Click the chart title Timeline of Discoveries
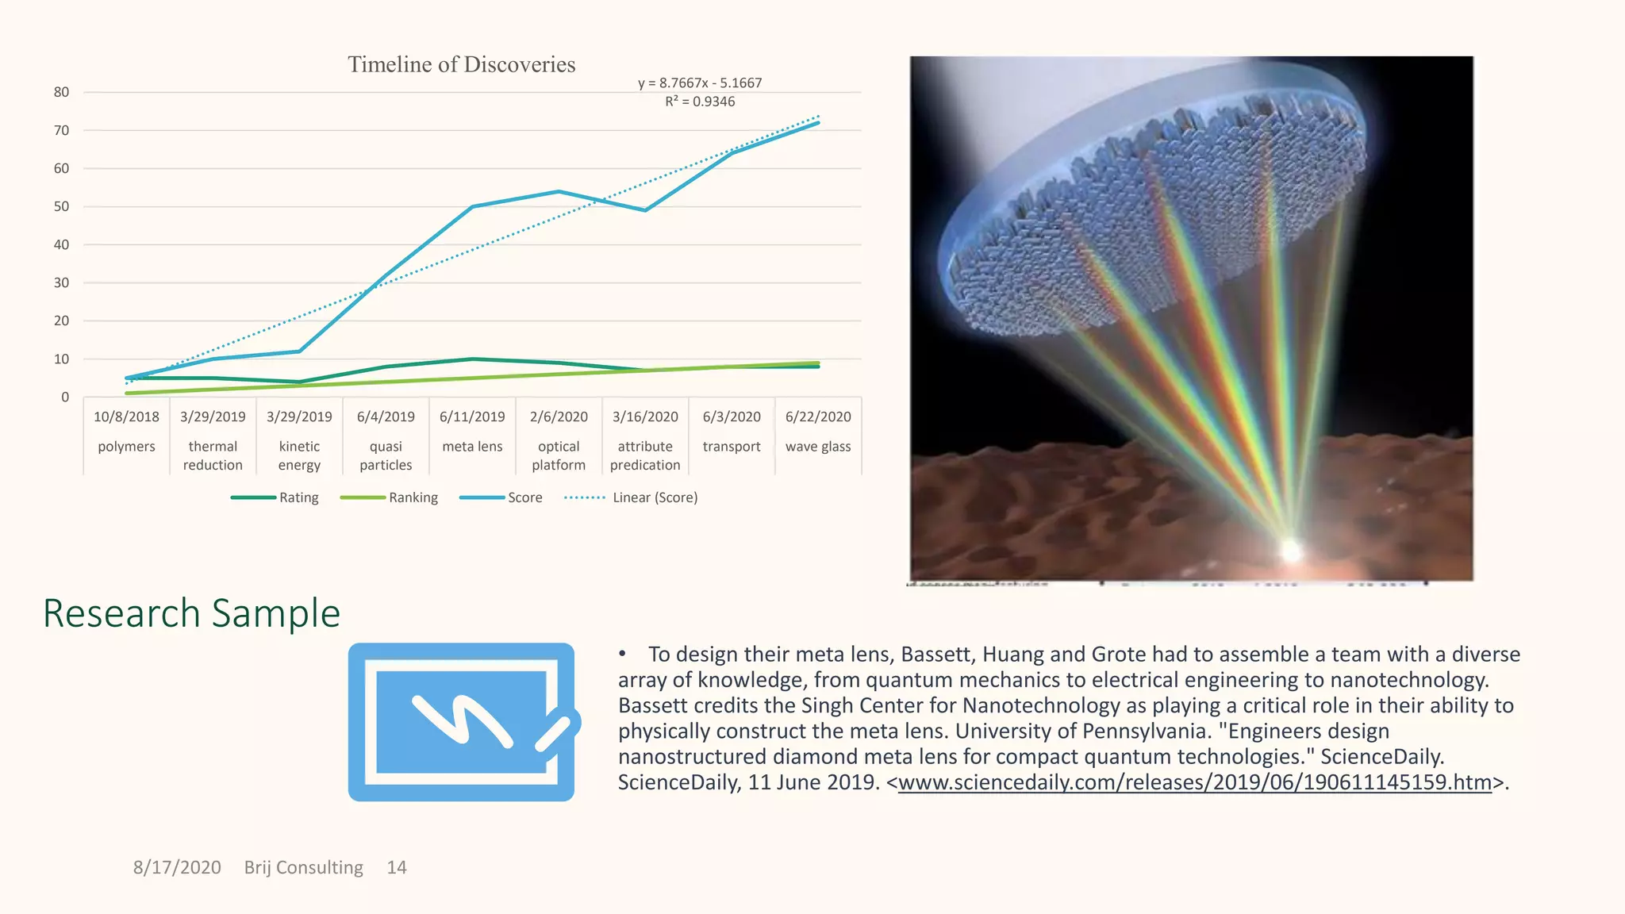(x=461, y=64)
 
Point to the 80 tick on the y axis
(x=62, y=92)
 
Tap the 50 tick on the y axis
(x=62, y=206)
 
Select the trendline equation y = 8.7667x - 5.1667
(x=700, y=83)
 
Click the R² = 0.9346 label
(x=700, y=102)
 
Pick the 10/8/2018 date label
(x=126, y=417)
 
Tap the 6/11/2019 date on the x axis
(x=472, y=417)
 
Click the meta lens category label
(x=472, y=447)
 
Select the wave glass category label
(x=818, y=447)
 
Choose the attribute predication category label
(x=645, y=455)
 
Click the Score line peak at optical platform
(x=559, y=191)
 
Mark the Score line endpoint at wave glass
(x=818, y=123)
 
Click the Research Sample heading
(x=191, y=613)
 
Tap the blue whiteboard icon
(x=463, y=721)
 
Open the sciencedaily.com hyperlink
(x=1195, y=782)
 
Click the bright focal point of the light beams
(x=1291, y=549)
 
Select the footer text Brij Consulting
(x=303, y=867)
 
